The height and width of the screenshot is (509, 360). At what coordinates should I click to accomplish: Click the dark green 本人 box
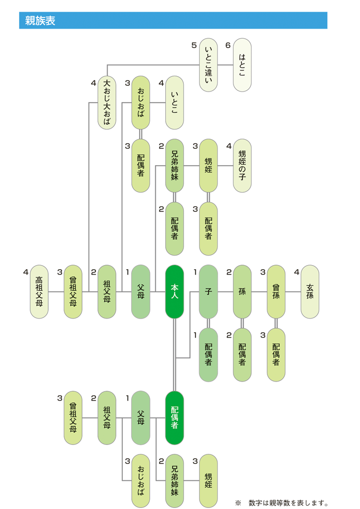tap(174, 292)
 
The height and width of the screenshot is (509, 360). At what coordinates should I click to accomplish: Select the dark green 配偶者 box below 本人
tap(174, 417)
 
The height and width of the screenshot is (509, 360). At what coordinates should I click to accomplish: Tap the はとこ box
tap(242, 65)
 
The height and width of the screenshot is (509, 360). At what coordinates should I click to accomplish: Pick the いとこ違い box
tap(209, 65)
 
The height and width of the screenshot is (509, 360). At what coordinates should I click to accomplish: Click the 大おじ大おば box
tap(107, 103)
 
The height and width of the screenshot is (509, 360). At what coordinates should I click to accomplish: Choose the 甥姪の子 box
tap(242, 166)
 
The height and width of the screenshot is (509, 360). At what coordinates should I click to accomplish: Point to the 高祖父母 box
tap(39, 292)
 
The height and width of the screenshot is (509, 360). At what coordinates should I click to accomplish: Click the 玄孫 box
tap(310, 292)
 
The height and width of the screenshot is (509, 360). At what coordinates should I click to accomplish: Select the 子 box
tap(209, 292)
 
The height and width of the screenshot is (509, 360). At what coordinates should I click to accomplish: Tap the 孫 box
tap(242, 292)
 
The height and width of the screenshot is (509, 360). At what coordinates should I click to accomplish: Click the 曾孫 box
tap(276, 292)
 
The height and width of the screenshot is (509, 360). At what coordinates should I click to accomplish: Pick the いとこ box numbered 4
tap(174, 103)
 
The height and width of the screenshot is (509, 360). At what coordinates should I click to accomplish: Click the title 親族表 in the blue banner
tap(40, 21)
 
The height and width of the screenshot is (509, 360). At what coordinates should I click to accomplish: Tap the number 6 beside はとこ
tap(228, 46)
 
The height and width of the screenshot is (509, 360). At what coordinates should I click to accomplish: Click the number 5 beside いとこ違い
tap(194, 46)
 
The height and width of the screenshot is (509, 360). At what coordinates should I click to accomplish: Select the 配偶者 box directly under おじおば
tap(141, 166)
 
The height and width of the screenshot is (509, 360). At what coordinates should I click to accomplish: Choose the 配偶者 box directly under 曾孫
tap(276, 355)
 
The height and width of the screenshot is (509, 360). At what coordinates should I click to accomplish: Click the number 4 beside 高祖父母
tap(25, 272)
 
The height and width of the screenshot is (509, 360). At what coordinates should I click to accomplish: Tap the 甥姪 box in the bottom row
tap(209, 480)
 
